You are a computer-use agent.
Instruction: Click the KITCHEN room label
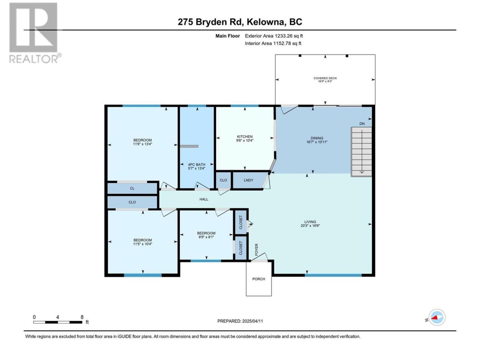click(x=244, y=136)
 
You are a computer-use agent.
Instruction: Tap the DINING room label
click(x=316, y=138)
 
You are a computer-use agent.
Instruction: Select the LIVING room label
click(x=310, y=222)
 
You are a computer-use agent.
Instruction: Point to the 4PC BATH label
click(x=196, y=165)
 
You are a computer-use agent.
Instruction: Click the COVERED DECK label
click(x=325, y=78)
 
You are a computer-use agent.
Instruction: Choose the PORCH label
click(x=258, y=279)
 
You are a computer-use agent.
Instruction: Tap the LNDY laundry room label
click(x=248, y=180)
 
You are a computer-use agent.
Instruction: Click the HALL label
click(x=204, y=199)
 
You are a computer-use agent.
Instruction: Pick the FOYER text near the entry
click(x=256, y=250)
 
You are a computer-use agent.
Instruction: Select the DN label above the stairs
click(x=362, y=124)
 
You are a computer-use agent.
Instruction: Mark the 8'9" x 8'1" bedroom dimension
click(x=206, y=237)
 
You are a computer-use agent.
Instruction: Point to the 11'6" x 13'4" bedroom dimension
click(x=142, y=144)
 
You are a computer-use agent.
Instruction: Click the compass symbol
click(x=437, y=317)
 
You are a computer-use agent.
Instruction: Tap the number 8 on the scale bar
click(x=82, y=317)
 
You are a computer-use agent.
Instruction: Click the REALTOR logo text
click(x=34, y=59)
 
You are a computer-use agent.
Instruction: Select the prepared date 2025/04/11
click(x=252, y=321)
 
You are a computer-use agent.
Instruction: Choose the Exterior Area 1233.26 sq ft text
click(x=274, y=36)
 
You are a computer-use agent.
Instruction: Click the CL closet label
click(x=132, y=188)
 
